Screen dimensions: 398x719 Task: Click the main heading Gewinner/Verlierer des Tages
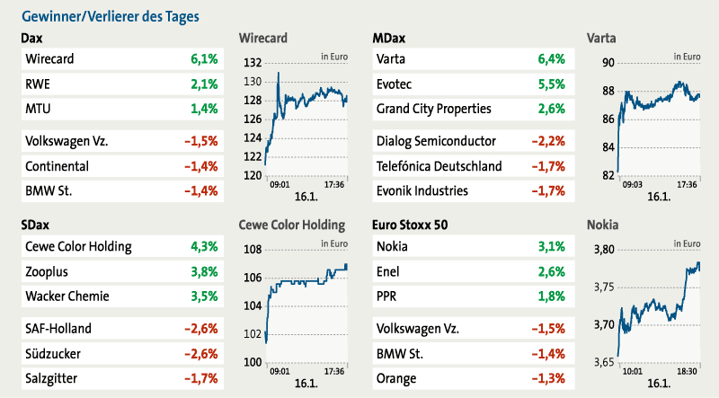click(x=110, y=16)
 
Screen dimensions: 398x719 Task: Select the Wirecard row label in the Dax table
click(x=49, y=59)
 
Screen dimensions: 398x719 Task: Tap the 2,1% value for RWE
click(x=204, y=84)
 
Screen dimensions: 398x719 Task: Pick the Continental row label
click(x=57, y=166)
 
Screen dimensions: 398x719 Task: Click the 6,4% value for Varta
click(x=550, y=59)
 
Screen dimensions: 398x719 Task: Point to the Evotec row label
click(x=398, y=84)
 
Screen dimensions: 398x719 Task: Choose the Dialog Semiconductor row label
click(x=437, y=141)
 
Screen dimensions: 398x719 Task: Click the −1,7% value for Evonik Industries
click(x=547, y=190)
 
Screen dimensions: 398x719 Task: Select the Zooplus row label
click(x=48, y=271)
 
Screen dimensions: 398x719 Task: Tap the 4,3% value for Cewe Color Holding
click(x=204, y=246)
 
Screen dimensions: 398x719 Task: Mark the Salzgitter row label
click(x=52, y=378)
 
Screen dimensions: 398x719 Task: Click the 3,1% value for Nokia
click(x=550, y=246)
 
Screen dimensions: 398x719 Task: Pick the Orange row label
click(x=398, y=378)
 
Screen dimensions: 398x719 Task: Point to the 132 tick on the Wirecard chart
click(x=252, y=63)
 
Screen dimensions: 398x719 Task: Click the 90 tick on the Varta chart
click(x=608, y=63)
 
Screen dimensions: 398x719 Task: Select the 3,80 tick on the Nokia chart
click(x=603, y=250)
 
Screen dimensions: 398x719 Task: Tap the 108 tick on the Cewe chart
click(x=252, y=250)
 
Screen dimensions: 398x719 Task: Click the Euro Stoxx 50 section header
click(x=413, y=225)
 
